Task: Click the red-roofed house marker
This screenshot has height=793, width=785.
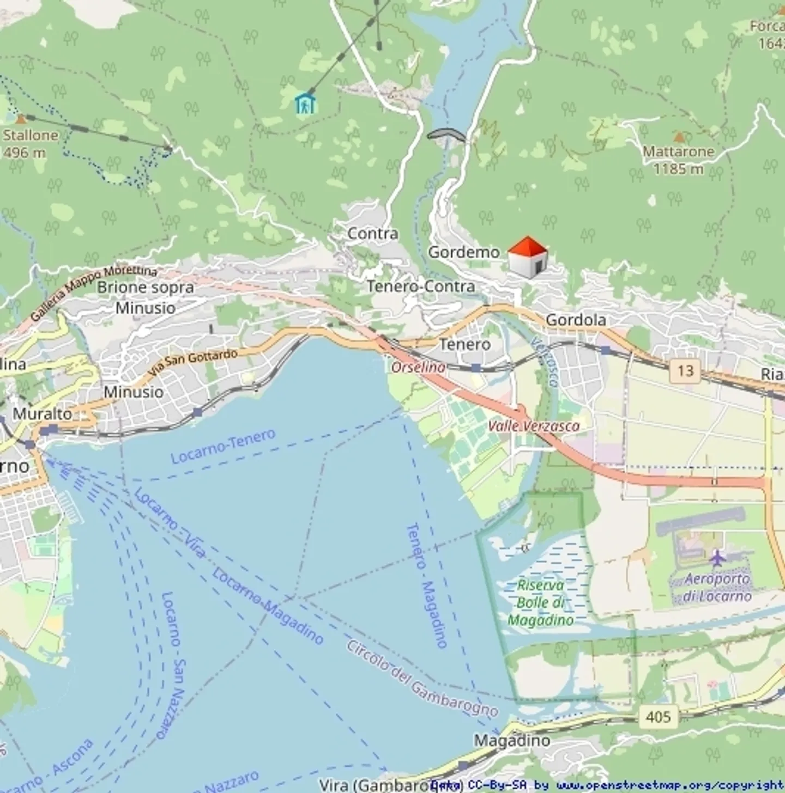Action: point(527,258)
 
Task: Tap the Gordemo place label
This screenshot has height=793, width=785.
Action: point(463,252)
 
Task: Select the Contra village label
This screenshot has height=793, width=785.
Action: point(372,234)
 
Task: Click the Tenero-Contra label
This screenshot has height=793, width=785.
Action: point(420,286)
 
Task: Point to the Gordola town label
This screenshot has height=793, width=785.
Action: point(576,320)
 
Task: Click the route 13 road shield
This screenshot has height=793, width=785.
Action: point(685,371)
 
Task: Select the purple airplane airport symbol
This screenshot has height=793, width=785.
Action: point(717,558)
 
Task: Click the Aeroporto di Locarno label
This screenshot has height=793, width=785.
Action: point(717,587)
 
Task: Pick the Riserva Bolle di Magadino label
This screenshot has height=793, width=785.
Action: point(541,602)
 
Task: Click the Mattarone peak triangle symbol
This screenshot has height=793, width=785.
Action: point(679,137)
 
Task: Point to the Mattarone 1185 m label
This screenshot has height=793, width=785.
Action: point(678,160)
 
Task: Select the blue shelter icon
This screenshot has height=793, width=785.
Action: point(305,103)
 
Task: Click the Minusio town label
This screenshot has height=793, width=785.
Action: point(134,392)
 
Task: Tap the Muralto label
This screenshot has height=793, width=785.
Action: point(43,413)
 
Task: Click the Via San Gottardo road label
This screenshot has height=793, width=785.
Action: point(193,364)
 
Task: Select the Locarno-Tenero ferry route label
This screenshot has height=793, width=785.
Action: point(223,446)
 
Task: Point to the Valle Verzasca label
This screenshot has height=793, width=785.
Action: point(533,426)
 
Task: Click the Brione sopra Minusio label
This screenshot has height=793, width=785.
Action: point(146,297)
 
